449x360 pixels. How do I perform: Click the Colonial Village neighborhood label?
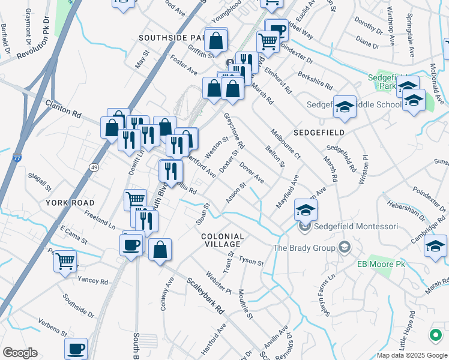pos(222,240)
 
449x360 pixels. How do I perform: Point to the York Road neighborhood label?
pos(67,203)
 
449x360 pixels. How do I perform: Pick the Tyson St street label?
pos(252,261)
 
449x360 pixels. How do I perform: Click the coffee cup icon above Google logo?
pos(76,349)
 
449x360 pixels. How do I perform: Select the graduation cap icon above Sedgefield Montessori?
pos(306,210)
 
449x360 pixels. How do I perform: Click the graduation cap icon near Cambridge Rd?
pos(435,247)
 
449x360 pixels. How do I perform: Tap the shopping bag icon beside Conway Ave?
pos(160,250)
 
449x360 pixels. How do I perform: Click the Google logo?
pos(20,353)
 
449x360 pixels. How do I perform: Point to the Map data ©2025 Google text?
pos(411,355)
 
